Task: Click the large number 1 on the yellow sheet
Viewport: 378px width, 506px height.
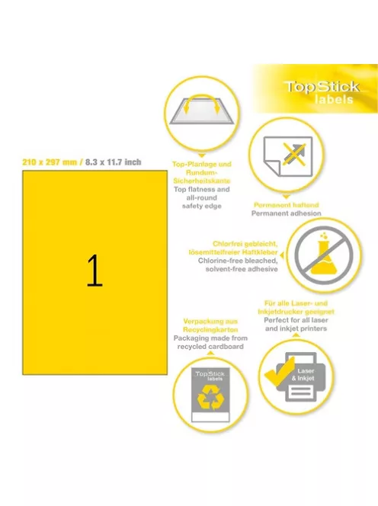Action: pyautogui.click(x=94, y=271)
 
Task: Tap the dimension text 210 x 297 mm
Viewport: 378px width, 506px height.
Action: pyautogui.click(x=50, y=162)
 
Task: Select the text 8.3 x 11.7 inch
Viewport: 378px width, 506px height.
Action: pyautogui.click(x=113, y=162)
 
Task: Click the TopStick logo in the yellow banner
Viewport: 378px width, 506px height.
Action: pyautogui.click(x=322, y=86)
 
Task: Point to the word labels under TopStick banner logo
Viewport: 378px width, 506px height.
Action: pyautogui.click(x=334, y=99)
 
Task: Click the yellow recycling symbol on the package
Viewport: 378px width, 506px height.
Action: pyautogui.click(x=210, y=398)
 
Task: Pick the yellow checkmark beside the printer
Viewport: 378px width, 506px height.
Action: pyautogui.click(x=280, y=372)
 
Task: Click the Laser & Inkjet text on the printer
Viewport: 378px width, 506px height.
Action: pyautogui.click(x=303, y=375)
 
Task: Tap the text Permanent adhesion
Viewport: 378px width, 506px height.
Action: pyautogui.click(x=287, y=213)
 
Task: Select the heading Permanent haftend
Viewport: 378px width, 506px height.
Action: pyautogui.click(x=287, y=205)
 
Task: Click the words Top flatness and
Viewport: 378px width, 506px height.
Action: pyautogui.click(x=202, y=190)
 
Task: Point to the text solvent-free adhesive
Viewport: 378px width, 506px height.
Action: pyautogui.click(x=242, y=269)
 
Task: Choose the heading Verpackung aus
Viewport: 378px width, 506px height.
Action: pyautogui.click(x=210, y=322)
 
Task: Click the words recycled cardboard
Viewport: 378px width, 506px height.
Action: pyautogui.click(x=210, y=347)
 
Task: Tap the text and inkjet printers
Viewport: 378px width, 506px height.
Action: pyautogui.click(x=296, y=328)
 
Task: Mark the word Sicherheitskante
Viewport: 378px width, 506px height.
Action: pyautogui.click(x=202, y=181)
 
